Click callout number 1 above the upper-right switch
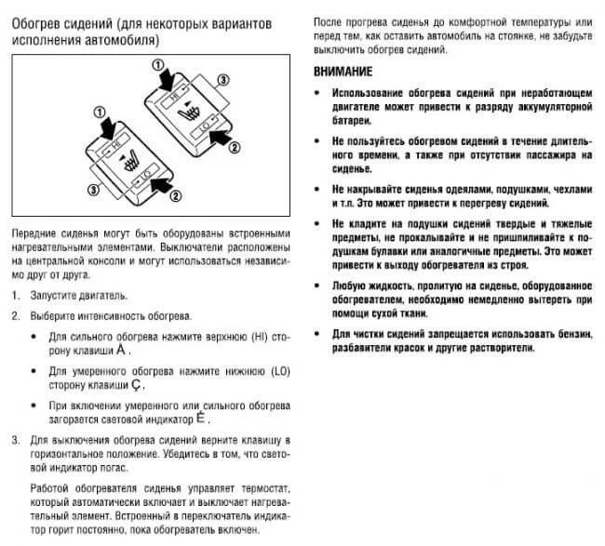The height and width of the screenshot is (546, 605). (x=160, y=67)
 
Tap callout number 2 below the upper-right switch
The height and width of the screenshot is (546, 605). (x=235, y=146)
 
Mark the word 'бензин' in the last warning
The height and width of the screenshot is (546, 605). (x=570, y=332)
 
